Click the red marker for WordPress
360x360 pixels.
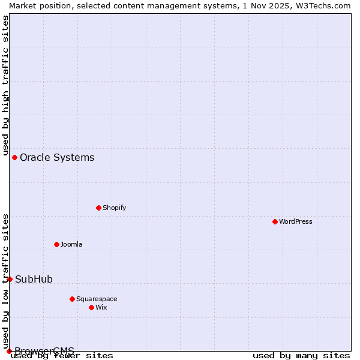[275, 221]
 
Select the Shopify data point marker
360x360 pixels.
[98, 208]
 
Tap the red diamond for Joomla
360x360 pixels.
[56, 244]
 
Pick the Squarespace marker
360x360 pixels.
[72, 299]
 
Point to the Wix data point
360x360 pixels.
[91, 307]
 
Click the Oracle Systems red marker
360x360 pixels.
[14, 157]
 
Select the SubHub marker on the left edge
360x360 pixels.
[10, 279]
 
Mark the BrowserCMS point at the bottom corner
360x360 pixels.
[9, 351]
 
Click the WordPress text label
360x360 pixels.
[296, 221]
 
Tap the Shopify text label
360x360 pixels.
[114, 208]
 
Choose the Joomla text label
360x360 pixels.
[71, 244]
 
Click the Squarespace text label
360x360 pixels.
[97, 299]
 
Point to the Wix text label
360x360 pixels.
[101, 307]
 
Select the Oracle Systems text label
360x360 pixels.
[57, 158]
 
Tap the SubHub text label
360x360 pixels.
[34, 280]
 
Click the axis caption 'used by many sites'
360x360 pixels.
[301, 355]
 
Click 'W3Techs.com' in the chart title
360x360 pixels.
[325, 5]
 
